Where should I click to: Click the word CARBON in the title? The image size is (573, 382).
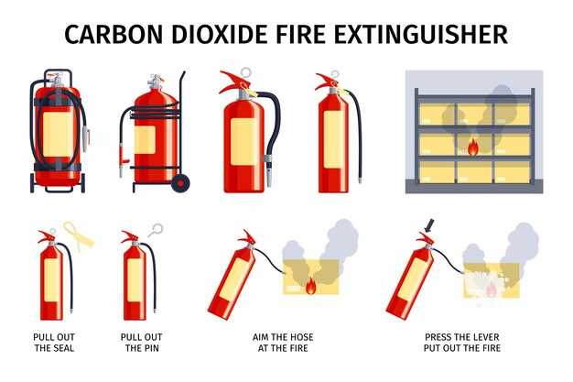[x=114, y=35]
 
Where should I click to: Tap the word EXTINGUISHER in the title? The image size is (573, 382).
[x=421, y=35]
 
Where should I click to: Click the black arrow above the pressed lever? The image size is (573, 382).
[x=429, y=225]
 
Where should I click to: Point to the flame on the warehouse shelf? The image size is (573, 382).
[x=472, y=147]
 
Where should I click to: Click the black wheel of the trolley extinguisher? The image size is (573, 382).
[x=180, y=183]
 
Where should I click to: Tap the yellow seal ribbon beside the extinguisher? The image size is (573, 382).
[x=78, y=236]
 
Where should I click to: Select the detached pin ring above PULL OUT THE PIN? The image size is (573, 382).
[x=156, y=230]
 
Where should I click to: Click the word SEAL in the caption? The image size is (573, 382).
[x=64, y=347]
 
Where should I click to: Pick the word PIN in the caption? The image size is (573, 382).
[x=151, y=347]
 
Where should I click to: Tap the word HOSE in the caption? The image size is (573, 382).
[x=301, y=336]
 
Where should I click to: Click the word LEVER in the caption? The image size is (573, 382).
[x=486, y=336]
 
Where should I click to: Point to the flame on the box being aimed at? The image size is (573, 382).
[x=310, y=285]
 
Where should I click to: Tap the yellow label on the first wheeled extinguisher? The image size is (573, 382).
[x=58, y=135]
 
